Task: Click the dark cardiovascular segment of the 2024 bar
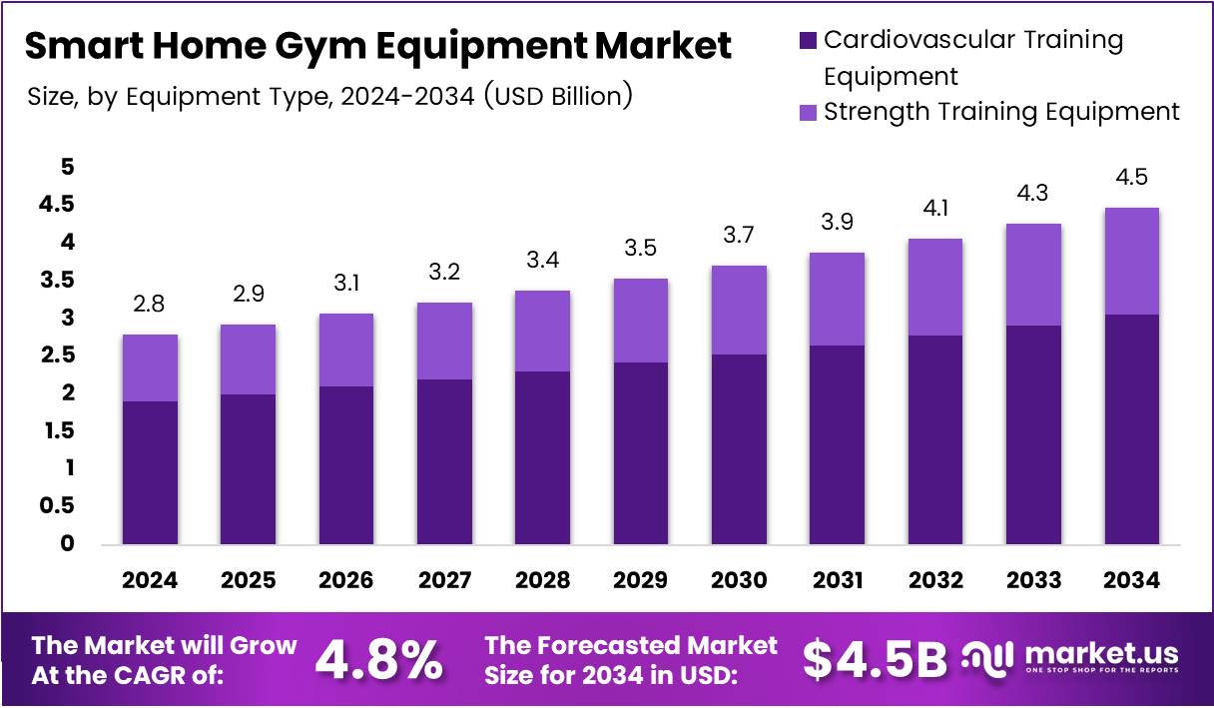[x=150, y=472]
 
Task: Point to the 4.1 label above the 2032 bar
[x=934, y=209]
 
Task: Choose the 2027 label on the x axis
[x=444, y=580]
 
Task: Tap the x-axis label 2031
[x=837, y=580]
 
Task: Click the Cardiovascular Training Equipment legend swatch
[x=808, y=42]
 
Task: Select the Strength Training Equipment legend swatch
[x=808, y=112]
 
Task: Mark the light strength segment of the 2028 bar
[x=542, y=331]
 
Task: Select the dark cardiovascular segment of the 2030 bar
[x=739, y=448]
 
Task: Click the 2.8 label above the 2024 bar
[x=150, y=304]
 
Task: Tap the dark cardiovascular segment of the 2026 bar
[x=345, y=464]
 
